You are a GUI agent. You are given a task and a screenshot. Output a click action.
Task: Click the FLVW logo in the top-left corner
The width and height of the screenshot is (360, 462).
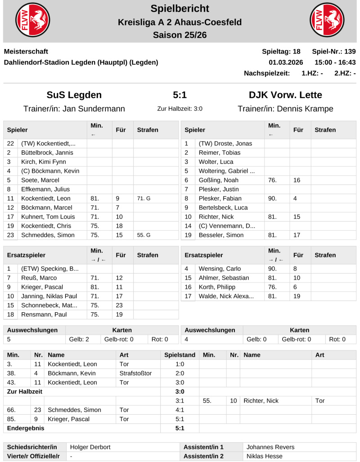click(33, 21)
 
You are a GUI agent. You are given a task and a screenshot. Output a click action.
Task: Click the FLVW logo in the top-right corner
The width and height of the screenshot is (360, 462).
click(327, 21)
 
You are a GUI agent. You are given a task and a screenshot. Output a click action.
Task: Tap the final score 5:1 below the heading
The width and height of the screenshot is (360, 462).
click(180, 95)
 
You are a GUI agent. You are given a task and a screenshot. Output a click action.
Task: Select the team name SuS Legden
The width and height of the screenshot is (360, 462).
click(74, 95)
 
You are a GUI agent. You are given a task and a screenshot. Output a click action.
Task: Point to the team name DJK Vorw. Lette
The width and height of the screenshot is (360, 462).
click(285, 95)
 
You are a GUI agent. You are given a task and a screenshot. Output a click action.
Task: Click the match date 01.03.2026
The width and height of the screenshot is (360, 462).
click(286, 62)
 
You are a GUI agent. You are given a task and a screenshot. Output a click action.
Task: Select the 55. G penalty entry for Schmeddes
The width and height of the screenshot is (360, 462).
click(144, 235)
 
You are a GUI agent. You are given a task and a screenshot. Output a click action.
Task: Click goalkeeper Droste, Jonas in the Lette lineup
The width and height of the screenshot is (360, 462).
click(225, 144)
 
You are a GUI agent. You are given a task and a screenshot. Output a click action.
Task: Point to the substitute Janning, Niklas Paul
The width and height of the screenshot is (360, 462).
click(49, 296)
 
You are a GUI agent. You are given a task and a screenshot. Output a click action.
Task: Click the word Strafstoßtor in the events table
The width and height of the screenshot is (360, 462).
click(135, 373)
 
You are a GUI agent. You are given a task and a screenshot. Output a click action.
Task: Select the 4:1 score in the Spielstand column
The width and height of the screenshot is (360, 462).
click(180, 410)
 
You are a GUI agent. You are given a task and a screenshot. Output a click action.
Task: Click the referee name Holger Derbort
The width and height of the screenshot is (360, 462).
click(90, 447)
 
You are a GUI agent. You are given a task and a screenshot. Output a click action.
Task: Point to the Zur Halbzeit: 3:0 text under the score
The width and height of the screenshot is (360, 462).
click(180, 109)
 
